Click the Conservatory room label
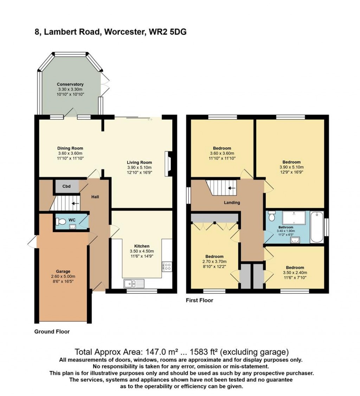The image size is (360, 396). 70,84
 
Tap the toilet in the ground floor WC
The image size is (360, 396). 61,222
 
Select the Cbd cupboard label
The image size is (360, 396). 66,186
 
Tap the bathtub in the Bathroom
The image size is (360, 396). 316,227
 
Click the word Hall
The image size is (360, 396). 95,197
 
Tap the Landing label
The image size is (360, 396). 232,203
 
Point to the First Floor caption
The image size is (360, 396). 200,300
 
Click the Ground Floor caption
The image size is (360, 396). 52,331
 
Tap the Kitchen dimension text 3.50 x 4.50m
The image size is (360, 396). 142,251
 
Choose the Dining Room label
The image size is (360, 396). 70,148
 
